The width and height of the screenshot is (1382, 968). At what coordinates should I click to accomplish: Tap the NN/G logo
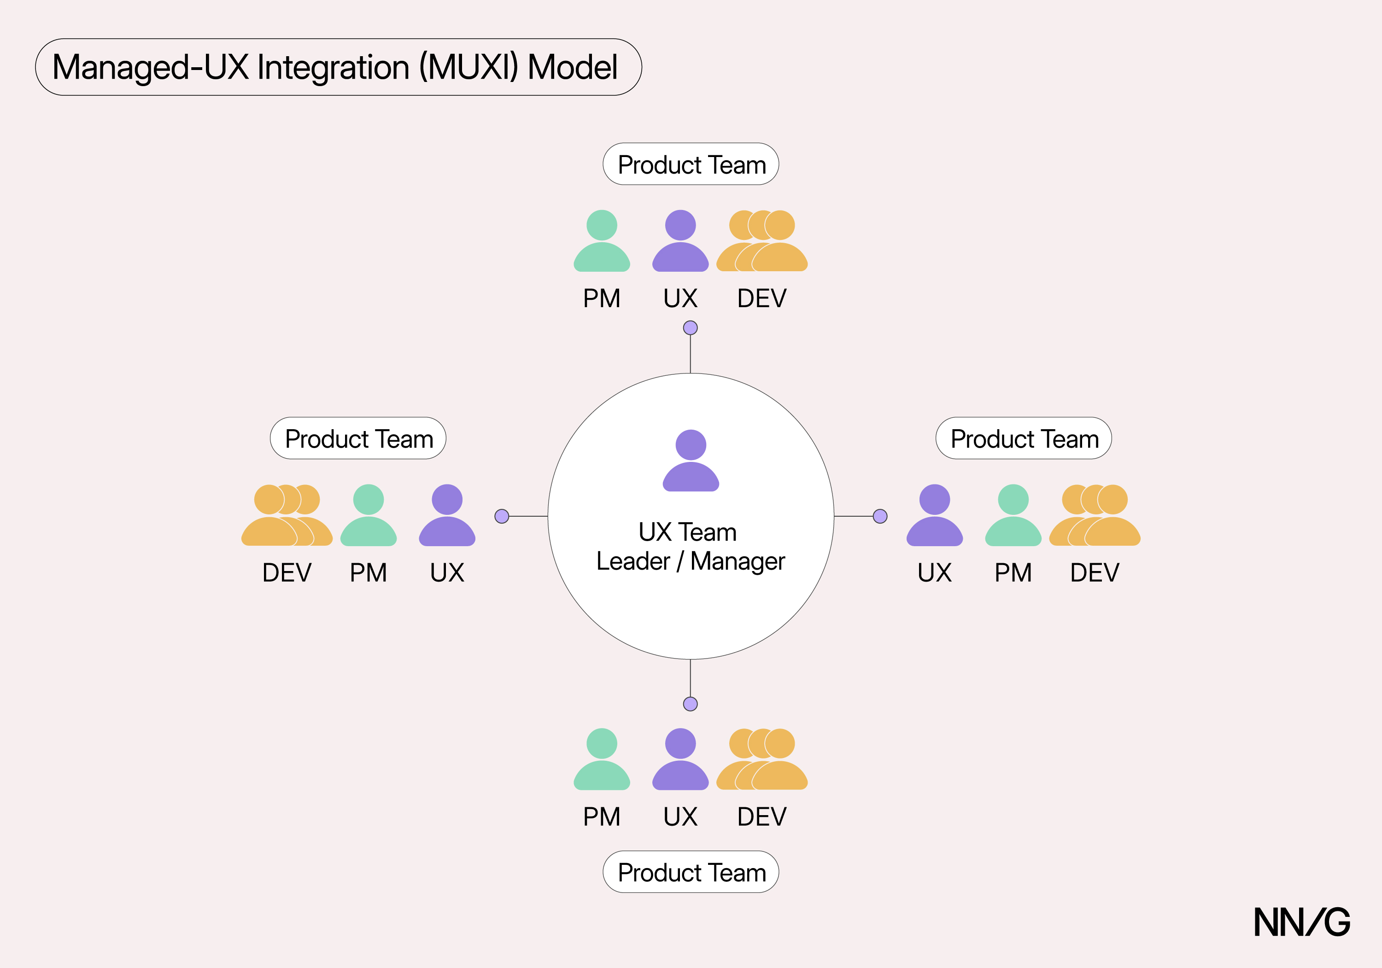1301,922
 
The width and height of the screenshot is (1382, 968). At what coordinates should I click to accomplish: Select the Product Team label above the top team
691,164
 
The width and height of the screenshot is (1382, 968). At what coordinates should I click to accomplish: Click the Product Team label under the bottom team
691,872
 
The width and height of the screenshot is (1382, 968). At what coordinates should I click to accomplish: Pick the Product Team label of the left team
358,438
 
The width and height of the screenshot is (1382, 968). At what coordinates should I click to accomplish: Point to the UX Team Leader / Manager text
691,546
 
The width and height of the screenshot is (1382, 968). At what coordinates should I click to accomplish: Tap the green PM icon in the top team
601,242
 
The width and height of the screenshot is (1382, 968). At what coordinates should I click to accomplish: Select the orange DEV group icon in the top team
762,242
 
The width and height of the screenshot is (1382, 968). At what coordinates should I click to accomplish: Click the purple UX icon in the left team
447,516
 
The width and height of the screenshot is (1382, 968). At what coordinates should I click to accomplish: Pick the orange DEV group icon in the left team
287,516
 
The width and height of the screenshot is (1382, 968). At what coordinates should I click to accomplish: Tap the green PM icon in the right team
1013,516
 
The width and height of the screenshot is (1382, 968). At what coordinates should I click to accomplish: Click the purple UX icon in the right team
934,516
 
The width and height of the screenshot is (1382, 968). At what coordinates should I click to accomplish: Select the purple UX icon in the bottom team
680,760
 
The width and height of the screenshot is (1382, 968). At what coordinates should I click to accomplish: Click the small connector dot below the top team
691,328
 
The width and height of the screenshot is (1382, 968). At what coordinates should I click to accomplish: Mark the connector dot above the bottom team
691,704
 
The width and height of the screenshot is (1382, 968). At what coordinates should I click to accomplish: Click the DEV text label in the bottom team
762,817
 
